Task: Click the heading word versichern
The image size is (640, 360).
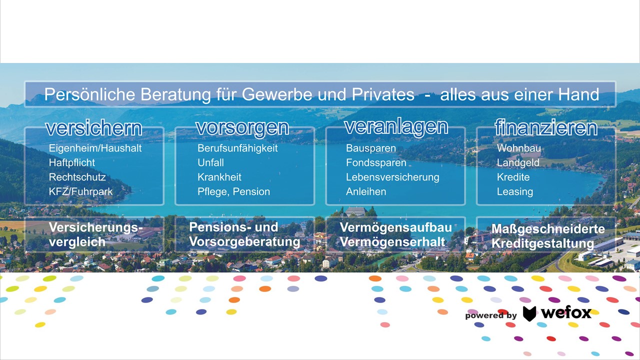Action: (x=93, y=128)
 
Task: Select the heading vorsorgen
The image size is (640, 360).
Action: (x=242, y=128)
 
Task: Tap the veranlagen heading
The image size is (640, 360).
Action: (x=396, y=127)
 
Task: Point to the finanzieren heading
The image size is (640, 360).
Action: (x=546, y=127)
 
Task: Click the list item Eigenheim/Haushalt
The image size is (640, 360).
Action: (x=95, y=148)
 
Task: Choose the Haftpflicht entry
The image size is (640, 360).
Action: (x=71, y=162)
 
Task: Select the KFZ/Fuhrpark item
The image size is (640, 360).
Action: (x=81, y=191)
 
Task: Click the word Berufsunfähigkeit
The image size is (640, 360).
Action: (x=237, y=148)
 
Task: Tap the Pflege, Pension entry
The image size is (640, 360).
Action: (x=233, y=191)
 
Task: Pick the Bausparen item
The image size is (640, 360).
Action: (x=371, y=148)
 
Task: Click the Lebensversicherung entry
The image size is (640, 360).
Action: (x=392, y=177)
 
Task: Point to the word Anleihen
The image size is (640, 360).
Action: (x=366, y=191)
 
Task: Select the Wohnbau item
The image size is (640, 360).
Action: (x=519, y=148)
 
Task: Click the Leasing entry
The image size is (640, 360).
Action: (x=515, y=191)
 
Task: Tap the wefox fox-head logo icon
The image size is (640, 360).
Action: (x=529, y=313)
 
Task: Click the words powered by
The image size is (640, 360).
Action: (x=491, y=315)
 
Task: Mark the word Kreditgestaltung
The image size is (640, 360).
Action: (x=542, y=243)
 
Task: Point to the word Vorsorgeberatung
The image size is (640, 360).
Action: (x=244, y=241)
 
